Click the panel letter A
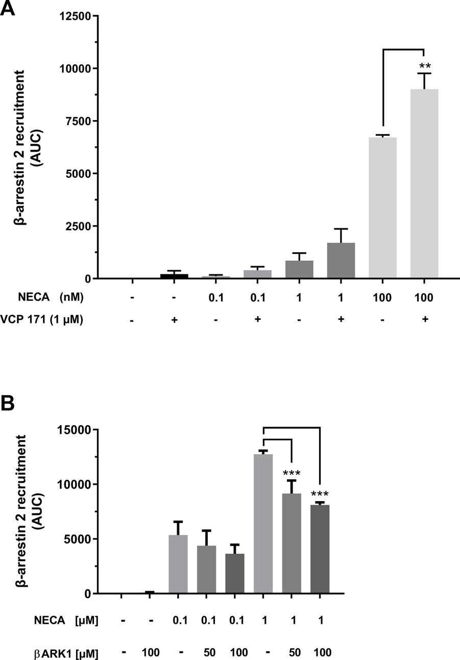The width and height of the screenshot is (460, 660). (x=9, y=9)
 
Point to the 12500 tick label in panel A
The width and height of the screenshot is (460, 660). (x=77, y=16)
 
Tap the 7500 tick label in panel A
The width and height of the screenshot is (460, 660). (x=80, y=121)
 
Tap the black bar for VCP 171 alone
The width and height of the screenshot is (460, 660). (x=174, y=276)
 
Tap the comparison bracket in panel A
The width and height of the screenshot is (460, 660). (x=403, y=50)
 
